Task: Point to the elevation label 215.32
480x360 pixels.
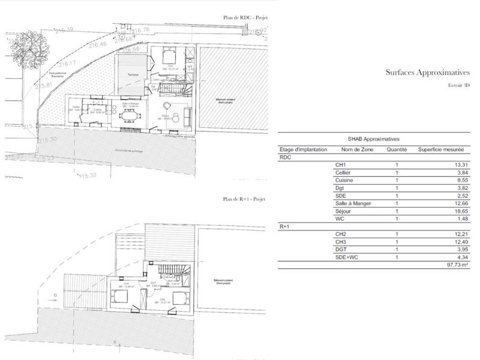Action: pyautogui.click(x=88, y=176)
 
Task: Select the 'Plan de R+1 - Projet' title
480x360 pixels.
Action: pyautogui.click(x=244, y=199)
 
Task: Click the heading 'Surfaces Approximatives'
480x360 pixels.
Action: pyautogui.click(x=427, y=72)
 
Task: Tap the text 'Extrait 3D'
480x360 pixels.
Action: pyautogui.click(x=459, y=86)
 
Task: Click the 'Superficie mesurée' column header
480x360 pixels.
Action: pyautogui.click(x=443, y=149)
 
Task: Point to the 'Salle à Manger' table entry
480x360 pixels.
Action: pyautogui.click(x=353, y=203)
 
